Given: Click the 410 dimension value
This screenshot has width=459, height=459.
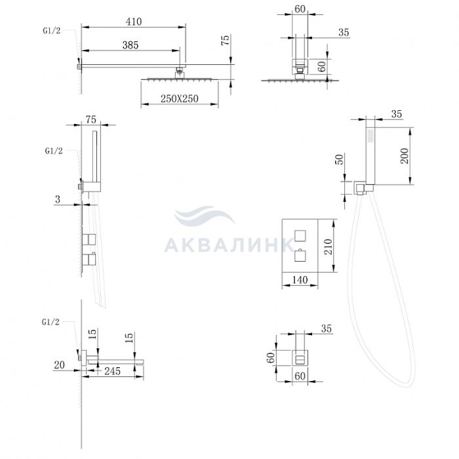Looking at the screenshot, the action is [134, 22].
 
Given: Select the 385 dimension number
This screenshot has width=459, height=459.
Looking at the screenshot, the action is [130, 45].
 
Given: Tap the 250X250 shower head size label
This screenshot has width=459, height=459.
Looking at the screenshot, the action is [180, 98].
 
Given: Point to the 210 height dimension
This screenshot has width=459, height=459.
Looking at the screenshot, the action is [329, 247].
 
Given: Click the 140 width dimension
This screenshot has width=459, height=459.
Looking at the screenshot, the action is [300, 280].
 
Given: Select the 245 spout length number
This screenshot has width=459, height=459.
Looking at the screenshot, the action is [112, 371].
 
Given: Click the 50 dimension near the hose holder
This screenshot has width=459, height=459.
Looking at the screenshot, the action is [339, 159].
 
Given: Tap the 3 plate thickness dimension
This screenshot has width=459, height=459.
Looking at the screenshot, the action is [58, 199].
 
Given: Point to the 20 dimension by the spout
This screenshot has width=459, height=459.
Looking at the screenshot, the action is [59, 365].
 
